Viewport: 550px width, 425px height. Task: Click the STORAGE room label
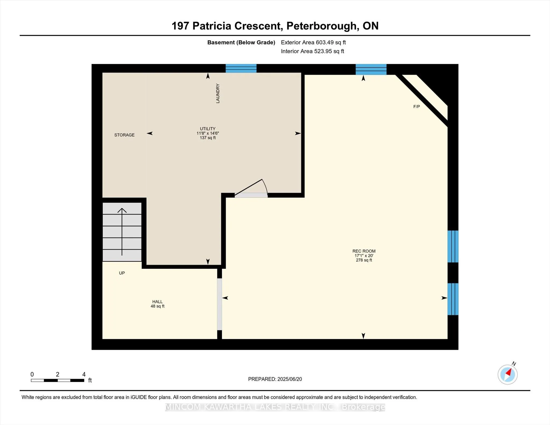coord(124,135)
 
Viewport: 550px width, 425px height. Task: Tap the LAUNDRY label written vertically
coord(218,93)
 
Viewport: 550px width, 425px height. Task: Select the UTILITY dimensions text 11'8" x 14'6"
coord(208,133)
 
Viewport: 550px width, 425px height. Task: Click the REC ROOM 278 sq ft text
coord(364,260)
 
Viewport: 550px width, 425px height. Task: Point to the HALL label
coord(157,302)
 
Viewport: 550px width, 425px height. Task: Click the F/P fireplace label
coord(417,107)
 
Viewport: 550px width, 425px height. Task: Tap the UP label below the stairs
coord(122,273)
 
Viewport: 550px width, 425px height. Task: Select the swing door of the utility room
coord(251,188)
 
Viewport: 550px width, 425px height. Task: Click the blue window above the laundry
coord(241,68)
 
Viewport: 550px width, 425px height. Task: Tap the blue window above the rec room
coord(371,69)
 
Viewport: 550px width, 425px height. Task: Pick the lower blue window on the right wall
coord(453,299)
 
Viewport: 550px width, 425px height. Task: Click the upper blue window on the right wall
coord(453,246)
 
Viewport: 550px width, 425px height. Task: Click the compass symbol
coord(508,375)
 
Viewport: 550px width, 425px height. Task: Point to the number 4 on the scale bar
coord(84,374)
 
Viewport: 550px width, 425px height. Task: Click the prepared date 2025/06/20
coord(290,379)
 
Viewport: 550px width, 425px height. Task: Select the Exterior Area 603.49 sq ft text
coord(313,42)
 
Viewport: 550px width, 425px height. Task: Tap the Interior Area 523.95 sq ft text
coord(312,51)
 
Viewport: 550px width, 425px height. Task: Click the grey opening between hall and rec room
coord(219,304)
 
